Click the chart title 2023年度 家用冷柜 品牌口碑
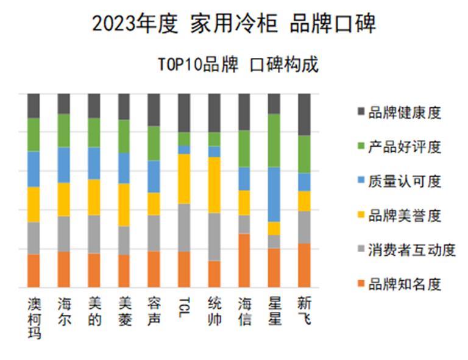click(x=234, y=24)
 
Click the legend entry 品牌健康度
click(x=405, y=113)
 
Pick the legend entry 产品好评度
click(x=405, y=147)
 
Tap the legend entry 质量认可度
click(x=405, y=181)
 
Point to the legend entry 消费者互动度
click(x=412, y=250)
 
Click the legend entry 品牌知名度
click(x=405, y=284)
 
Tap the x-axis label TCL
click(x=185, y=303)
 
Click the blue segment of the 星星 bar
click(x=274, y=194)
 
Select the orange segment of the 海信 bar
click(x=244, y=260)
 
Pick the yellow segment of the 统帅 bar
click(x=214, y=185)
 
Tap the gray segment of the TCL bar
click(x=184, y=227)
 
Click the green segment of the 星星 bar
click(x=274, y=140)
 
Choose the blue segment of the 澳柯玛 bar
click(x=34, y=169)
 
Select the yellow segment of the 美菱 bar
click(x=124, y=205)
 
